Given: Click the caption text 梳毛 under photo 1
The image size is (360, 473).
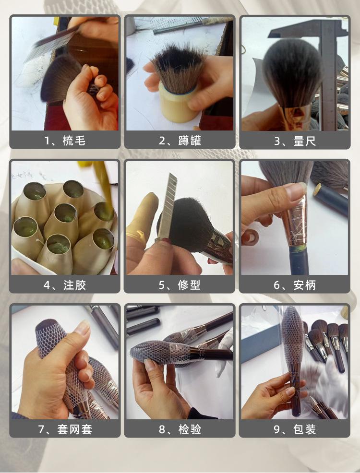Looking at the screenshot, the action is tap(74, 141).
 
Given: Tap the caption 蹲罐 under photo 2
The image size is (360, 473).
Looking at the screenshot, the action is tap(190, 141).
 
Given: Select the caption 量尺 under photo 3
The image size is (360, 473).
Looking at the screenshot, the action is tap(304, 141).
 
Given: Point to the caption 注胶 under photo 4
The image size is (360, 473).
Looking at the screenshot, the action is tap(74, 285).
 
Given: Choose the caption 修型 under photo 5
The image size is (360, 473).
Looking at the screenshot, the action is tap(189, 285).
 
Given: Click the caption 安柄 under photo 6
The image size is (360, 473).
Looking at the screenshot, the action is tap(304, 285).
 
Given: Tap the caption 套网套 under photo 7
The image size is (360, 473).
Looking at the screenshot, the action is tap(74, 429).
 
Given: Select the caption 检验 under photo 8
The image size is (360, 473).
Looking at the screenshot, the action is tap(190, 429).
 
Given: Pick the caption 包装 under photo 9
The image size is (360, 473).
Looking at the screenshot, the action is tap(304, 429).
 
